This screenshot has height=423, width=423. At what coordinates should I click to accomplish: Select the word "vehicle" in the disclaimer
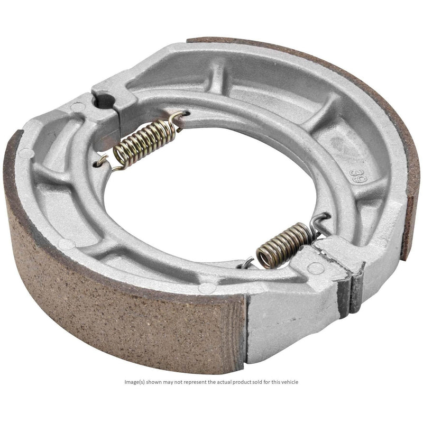(289, 382)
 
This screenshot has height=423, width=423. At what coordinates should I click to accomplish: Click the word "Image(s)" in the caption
(135, 382)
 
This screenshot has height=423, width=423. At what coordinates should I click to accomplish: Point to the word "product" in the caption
(242, 382)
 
